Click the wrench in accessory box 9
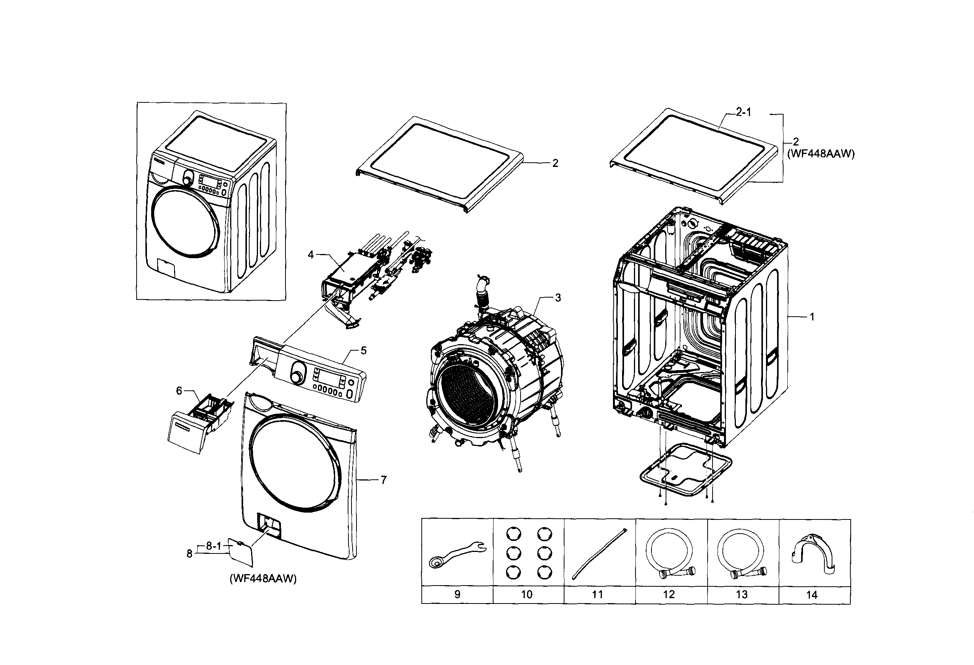point(457,554)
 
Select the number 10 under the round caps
point(526,594)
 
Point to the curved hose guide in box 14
point(812,553)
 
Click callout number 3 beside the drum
point(558,298)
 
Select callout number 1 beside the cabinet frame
point(812,317)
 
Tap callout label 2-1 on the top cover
point(743,112)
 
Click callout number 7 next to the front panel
point(384,480)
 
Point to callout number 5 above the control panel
point(363,350)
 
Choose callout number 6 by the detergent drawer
point(179,391)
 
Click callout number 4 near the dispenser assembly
point(311,255)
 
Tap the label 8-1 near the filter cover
point(213,546)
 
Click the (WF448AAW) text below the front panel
point(263,579)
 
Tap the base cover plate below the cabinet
point(686,470)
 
